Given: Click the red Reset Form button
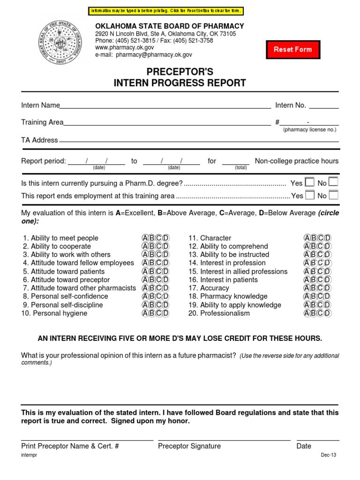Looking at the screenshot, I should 293,49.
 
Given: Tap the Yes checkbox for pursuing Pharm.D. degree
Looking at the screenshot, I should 310,182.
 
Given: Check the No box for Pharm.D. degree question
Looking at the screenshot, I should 333,182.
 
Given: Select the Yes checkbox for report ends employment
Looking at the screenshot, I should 310,195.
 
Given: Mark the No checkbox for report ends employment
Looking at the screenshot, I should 333,195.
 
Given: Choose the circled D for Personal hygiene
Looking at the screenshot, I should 165,313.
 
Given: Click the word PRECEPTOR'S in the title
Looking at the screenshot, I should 180,72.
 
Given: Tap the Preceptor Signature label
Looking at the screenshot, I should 189,446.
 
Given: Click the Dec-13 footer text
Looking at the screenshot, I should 329,455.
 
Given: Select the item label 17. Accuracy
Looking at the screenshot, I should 209,288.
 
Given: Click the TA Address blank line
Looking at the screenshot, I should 199,141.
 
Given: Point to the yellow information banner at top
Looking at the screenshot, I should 166,11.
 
